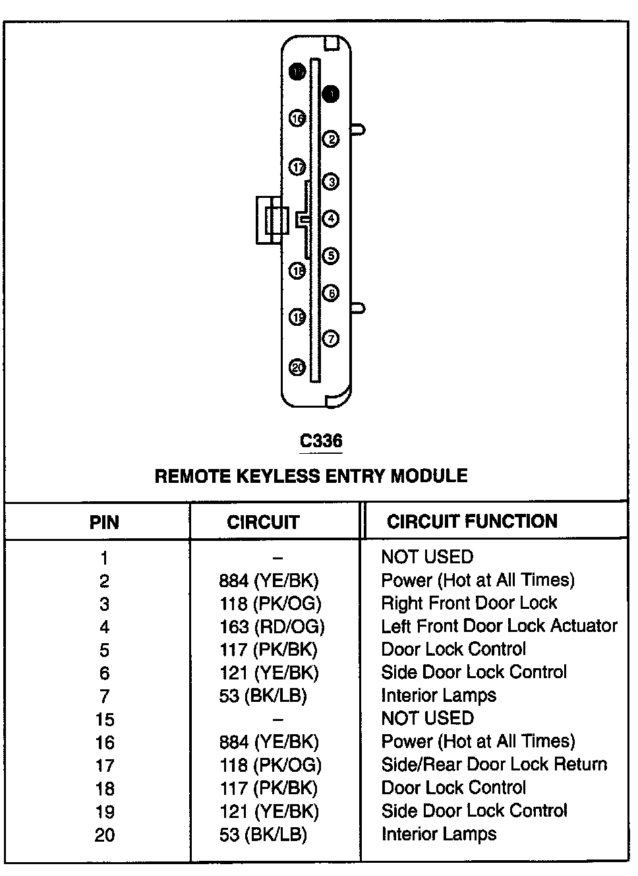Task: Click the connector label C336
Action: pos(321,440)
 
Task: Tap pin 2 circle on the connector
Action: pos(331,139)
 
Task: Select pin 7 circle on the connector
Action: pos(331,339)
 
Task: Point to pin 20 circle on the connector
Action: pos(298,367)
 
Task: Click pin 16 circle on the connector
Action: pos(298,119)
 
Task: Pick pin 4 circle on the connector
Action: pos(331,218)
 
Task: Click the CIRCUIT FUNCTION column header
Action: pos(472,521)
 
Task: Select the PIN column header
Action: pos(104,522)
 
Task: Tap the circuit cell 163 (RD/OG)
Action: pos(272,626)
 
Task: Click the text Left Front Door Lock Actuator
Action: pos(499,625)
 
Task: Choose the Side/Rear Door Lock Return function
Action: pos(494,765)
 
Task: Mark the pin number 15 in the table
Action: pos(104,719)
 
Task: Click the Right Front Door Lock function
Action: pos(469,602)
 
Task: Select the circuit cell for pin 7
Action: pos(263,695)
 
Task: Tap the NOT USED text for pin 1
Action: pos(427,557)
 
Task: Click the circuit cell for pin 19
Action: pos(269,811)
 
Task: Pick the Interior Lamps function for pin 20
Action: pos(438,834)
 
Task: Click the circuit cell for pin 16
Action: pos(269,741)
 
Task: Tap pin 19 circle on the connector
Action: pos(298,317)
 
